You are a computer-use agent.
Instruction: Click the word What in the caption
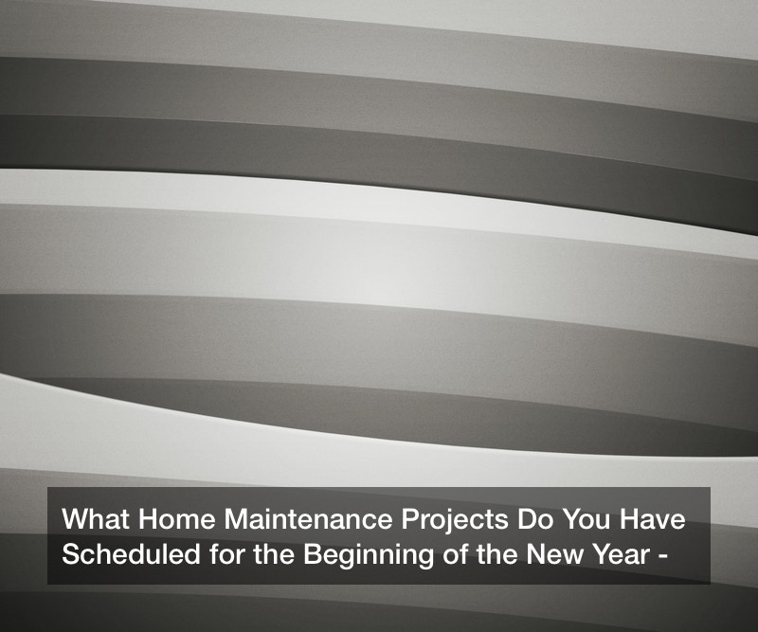(96, 519)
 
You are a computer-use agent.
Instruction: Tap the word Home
(177, 519)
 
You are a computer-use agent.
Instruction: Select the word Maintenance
(309, 519)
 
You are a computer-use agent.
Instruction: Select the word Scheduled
(131, 553)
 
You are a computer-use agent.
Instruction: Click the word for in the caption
(226, 553)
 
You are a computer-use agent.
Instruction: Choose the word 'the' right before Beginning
(274, 553)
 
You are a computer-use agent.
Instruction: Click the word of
(455, 553)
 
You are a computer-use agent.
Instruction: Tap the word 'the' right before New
(496, 553)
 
